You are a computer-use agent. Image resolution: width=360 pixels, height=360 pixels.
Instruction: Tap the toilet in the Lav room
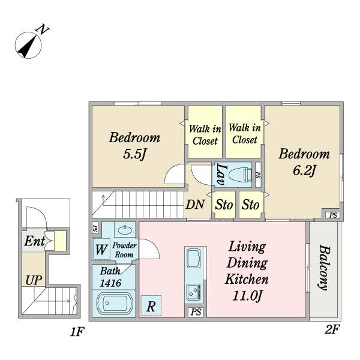click(239, 175)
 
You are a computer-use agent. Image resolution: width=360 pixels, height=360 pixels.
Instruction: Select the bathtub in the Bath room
click(115, 303)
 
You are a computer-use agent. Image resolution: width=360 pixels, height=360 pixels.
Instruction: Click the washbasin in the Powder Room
click(125, 230)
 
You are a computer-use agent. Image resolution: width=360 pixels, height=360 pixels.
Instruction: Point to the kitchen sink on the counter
click(194, 258)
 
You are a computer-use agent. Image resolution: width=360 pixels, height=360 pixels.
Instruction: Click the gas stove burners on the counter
click(194, 292)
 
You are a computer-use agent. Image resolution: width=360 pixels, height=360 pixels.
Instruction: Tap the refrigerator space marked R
click(151, 305)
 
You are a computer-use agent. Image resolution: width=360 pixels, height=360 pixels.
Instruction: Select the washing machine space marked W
click(101, 249)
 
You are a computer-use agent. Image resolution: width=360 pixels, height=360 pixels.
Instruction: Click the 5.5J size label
click(134, 154)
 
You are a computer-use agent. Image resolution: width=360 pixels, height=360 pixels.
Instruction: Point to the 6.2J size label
click(304, 170)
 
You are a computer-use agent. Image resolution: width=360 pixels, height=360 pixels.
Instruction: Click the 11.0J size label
click(247, 296)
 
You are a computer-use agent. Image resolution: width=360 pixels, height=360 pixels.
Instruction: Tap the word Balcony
click(325, 268)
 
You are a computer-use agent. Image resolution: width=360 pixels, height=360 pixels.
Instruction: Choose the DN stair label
click(195, 205)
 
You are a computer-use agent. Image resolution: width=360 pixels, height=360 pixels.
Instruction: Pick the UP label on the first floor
click(34, 280)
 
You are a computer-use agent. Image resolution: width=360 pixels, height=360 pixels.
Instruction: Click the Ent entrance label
click(35, 241)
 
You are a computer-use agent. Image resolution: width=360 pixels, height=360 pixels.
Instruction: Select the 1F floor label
click(77, 332)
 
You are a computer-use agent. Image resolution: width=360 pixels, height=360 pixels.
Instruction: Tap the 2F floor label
click(332, 329)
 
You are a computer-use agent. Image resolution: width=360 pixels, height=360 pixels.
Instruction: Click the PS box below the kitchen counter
click(196, 312)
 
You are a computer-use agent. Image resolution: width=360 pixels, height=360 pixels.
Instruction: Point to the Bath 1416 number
click(110, 283)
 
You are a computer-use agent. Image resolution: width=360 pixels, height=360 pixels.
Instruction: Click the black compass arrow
click(27, 47)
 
